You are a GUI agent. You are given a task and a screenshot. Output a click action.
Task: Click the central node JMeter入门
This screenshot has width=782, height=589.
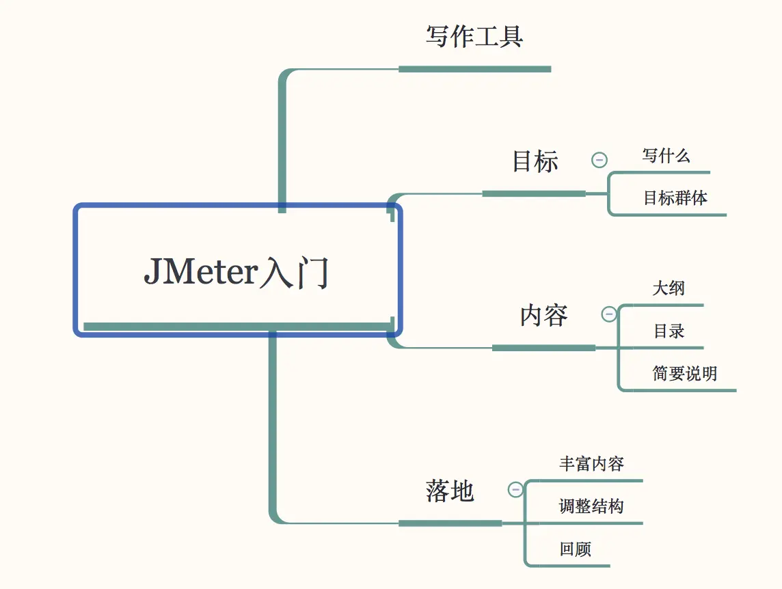(x=237, y=271)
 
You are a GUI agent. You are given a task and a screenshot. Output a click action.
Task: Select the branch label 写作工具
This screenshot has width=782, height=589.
(x=474, y=37)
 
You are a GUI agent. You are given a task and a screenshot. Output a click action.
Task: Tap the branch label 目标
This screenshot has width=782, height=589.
(x=535, y=162)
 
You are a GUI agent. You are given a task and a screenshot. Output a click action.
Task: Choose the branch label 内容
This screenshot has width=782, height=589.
(x=544, y=316)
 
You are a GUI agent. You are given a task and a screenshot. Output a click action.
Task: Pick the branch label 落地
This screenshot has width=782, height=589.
(x=450, y=491)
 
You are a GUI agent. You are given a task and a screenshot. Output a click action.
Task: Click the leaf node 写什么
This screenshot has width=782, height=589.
(x=666, y=156)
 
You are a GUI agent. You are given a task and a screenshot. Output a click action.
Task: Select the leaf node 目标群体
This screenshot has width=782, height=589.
(x=675, y=199)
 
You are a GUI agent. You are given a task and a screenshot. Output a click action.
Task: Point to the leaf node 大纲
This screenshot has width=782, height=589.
(x=668, y=288)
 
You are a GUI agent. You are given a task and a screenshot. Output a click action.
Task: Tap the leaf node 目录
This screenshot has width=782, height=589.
(x=669, y=331)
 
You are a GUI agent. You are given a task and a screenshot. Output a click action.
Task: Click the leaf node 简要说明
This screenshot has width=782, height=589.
(x=684, y=374)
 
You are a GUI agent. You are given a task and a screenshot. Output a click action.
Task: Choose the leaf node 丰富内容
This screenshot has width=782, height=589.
(x=591, y=464)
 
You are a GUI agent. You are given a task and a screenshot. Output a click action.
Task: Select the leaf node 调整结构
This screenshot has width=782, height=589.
(x=591, y=507)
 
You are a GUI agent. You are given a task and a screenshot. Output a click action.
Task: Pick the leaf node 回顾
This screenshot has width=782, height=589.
(x=575, y=549)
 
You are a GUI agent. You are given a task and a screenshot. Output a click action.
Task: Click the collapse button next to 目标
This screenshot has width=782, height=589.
(x=599, y=161)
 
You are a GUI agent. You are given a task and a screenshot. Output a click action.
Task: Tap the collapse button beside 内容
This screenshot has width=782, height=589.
(x=608, y=314)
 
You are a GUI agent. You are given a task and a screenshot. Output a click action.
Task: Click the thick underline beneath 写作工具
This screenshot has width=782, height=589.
(x=474, y=69)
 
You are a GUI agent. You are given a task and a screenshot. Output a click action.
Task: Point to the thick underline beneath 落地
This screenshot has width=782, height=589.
(x=450, y=523)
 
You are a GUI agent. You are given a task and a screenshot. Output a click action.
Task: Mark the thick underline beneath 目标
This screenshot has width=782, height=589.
(x=534, y=194)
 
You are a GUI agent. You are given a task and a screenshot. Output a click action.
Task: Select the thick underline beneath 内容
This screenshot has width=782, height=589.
(x=543, y=348)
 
